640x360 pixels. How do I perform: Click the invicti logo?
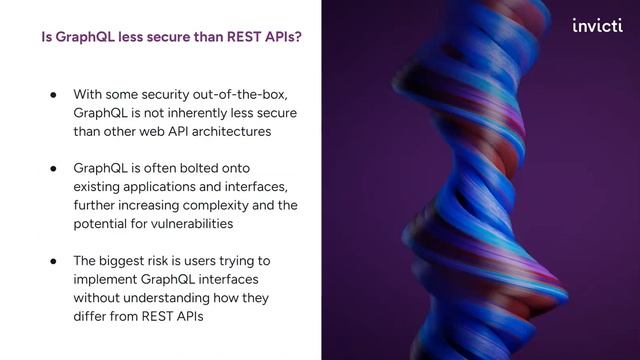pyautogui.click(x=596, y=26)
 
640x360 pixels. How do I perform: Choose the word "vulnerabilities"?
pyautogui.click(x=182, y=224)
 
